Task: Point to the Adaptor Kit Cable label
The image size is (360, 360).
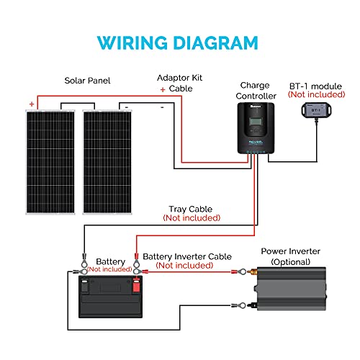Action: click(176, 83)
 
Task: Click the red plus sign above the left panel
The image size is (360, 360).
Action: click(32, 104)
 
